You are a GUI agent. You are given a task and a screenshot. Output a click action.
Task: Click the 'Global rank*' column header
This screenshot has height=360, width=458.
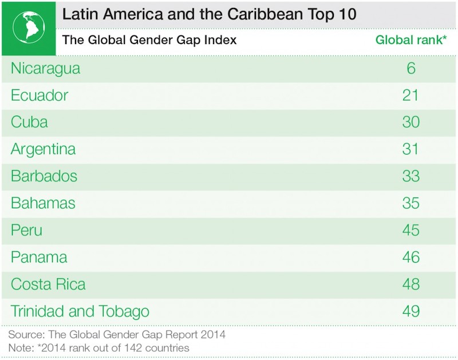coord(410,41)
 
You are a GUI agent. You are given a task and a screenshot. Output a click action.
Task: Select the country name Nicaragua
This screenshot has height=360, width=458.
coord(45,69)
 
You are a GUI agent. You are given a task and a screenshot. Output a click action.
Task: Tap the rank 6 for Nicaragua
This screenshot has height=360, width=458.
coord(410,69)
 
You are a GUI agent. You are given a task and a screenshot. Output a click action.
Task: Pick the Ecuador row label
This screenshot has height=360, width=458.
coord(40,95)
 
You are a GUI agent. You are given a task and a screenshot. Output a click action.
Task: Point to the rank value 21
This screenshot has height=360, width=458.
coord(410,95)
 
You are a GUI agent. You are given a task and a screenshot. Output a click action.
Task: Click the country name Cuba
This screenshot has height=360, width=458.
coord(29,122)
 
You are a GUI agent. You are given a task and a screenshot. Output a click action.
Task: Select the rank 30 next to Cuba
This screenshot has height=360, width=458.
coord(410,122)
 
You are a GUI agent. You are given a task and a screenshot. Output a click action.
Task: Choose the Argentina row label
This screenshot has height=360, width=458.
coord(43,149)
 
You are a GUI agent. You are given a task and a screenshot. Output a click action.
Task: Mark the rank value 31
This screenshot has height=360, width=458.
coord(410,149)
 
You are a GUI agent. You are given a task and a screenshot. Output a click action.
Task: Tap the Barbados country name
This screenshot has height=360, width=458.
coord(44,176)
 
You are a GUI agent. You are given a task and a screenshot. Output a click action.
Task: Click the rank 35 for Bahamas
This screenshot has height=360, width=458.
coord(410,203)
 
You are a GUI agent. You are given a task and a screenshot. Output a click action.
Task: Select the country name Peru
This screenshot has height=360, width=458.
coord(26,230)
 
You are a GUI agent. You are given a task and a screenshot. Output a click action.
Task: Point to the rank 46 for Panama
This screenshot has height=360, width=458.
coord(410,257)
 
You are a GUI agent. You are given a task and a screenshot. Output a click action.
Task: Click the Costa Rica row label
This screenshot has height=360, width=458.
coord(48,284)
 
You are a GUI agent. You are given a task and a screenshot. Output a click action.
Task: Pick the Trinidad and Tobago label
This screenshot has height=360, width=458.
coord(80,311)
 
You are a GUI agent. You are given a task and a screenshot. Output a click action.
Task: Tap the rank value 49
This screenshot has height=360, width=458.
coord(410,311)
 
